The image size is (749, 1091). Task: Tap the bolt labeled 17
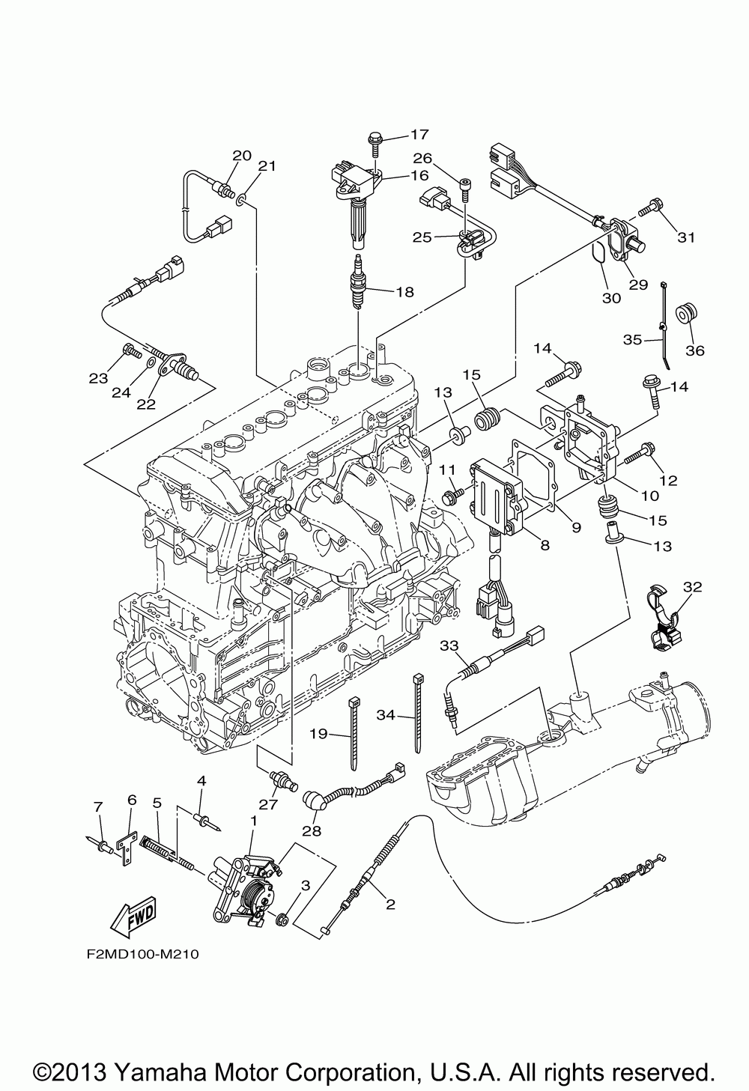point(375,140)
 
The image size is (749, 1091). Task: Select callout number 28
point(312,830)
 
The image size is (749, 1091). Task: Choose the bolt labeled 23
point(130,350)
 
